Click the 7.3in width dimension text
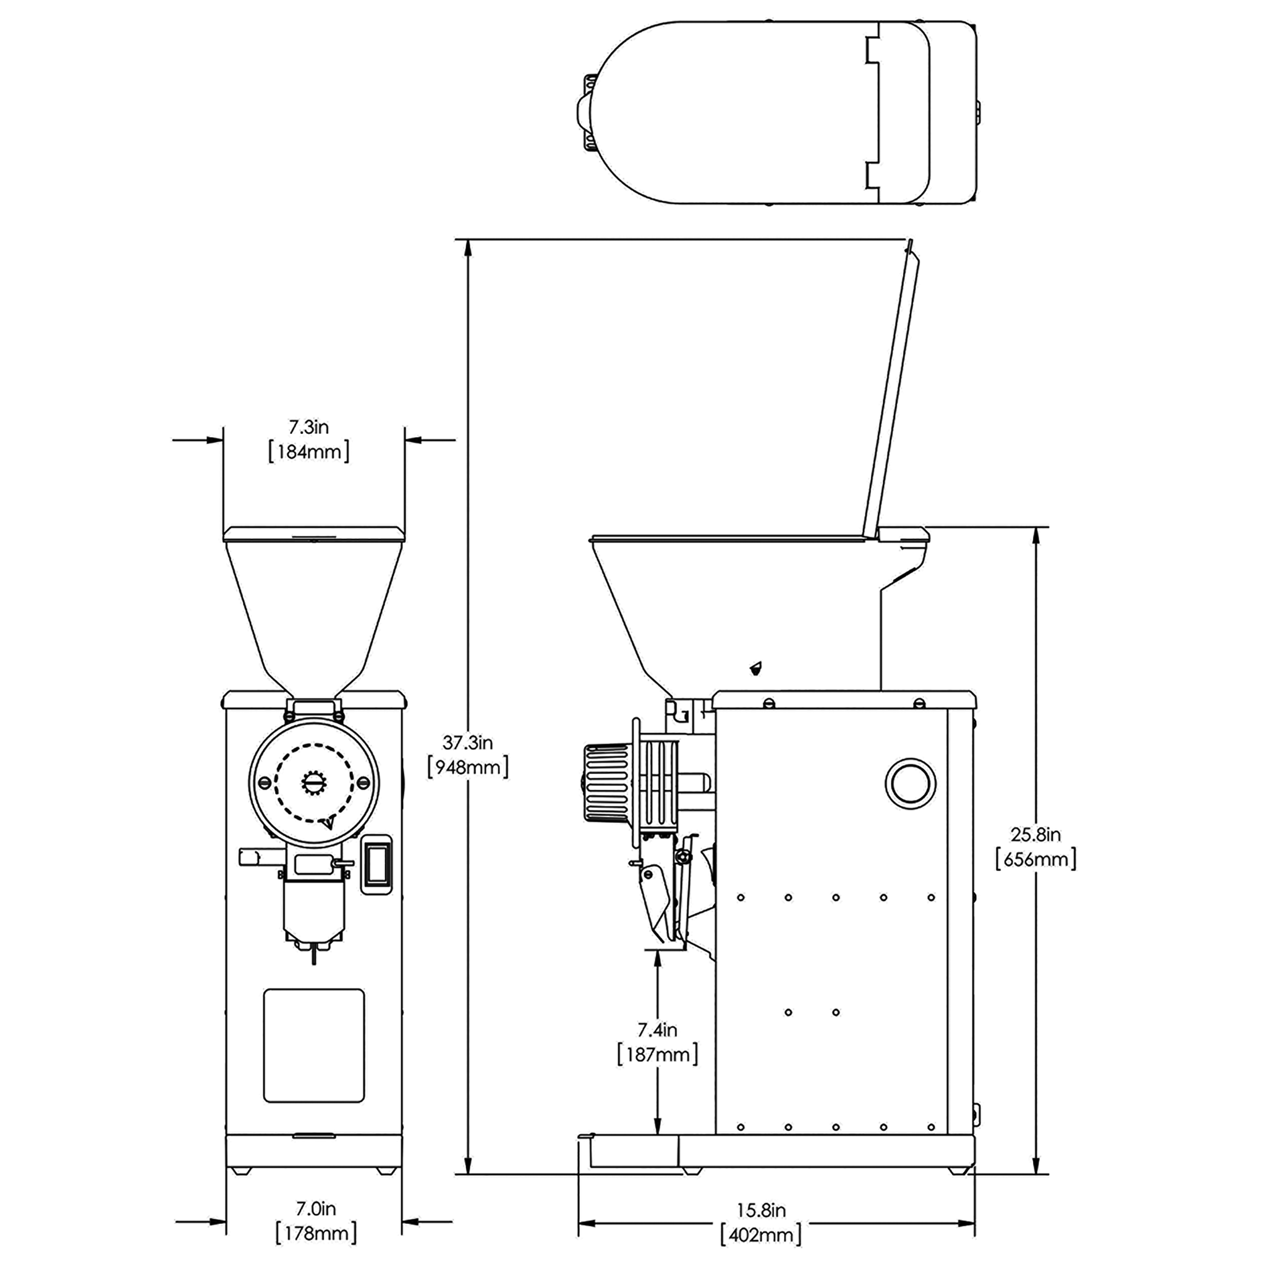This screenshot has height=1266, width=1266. point(308,427)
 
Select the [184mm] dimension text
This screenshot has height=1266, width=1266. point(308,451)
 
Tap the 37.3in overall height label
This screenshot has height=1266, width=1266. point(467,742)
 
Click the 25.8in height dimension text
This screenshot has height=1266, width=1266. point(1035,834)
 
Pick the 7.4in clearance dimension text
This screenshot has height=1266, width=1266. point(657,1030)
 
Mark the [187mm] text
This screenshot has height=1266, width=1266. point(657,1055)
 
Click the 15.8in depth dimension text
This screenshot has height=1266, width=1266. point(761,1210)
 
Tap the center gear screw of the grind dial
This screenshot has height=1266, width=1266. point(314,783)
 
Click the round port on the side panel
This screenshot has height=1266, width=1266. point(910,783)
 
